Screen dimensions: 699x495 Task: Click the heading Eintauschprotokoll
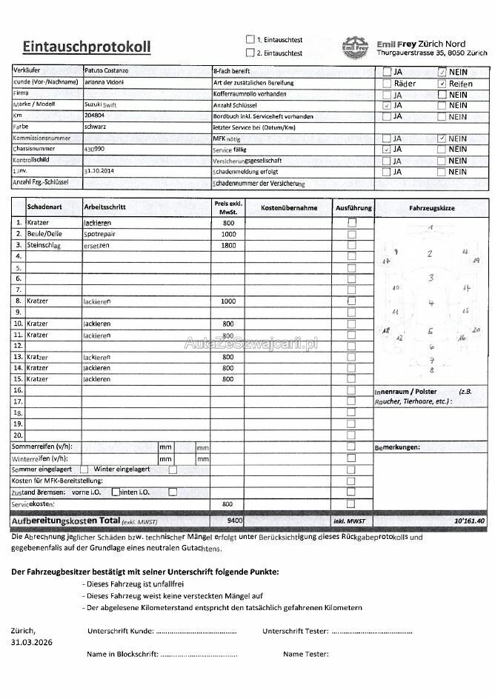pyautogui.click(x=86, y=47)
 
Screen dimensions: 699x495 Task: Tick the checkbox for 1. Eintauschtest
pyautogui.click(x=250, y=39)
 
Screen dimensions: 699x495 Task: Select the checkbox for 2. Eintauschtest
pyautogui.click(x=250, y=53)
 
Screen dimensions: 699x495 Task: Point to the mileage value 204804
pyautogui.click(x=95, y=116)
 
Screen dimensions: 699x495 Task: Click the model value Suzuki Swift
pyautogui.click(x=101, y=105)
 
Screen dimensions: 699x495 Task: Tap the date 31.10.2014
pyautogui.click(x=99, y=170)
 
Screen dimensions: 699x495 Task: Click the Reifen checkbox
pyautogui.click(x=442, y=84)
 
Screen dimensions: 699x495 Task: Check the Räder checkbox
pyautogui.click(x=387, y=84)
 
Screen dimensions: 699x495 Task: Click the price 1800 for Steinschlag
pyautogui.click(x=228, y=245)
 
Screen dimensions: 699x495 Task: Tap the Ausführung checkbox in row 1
pyautogui.click(x=352, y=222)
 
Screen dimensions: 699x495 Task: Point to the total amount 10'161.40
pyautogui.click(x=469, y=521)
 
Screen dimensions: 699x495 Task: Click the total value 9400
pyautogui.click(x=236, y=521)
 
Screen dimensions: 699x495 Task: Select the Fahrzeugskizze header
pyautogui.click(x=431, y=208)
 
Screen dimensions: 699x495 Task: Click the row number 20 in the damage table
pyautogui.click(x=18, y=435)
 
